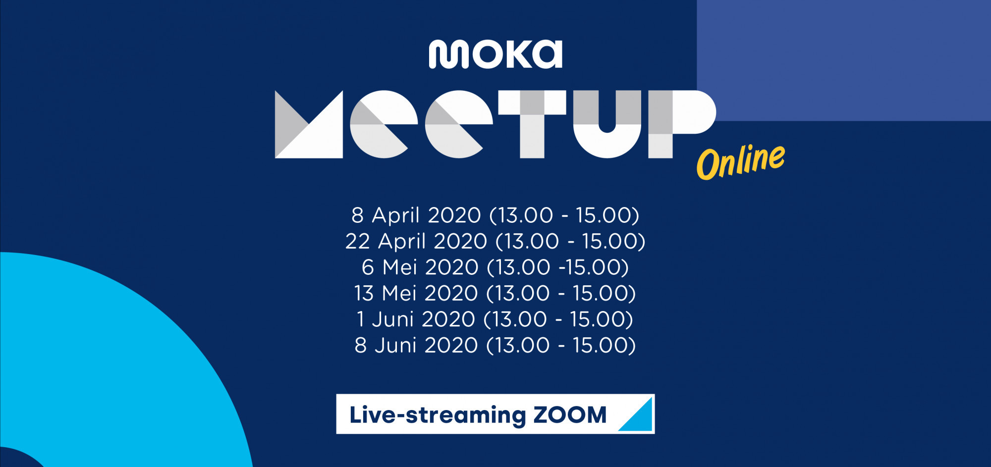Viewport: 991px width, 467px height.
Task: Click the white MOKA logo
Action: (x=495, y=54)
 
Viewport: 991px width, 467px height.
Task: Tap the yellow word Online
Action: (x=741, y=161)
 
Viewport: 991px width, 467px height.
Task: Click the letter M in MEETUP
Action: (x=309, y=124)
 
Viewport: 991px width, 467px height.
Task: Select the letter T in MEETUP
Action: (x=532, y=124)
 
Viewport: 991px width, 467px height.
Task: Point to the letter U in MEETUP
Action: (x=607, y=124)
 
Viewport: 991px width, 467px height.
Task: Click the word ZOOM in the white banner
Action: (x=570, y=415)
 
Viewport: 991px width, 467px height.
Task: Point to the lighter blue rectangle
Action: (x=844, y=60)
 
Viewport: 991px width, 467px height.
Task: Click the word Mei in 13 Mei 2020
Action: (x=399, y=293)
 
